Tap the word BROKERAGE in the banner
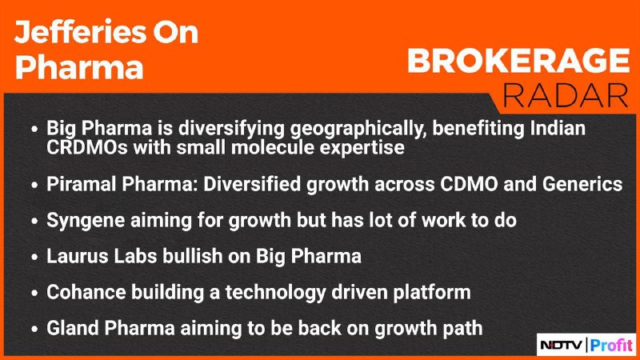click(x=518, y=61)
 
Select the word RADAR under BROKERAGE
click(x=566, y=96)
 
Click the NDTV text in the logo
click(x=562, y=346)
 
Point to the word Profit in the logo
click(x=611, y=346)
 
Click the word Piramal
click(x=82, y=184)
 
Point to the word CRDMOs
click(x=87, y=147)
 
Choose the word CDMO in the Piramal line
click(x=469, y=184)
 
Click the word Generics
click(x=582, y=184)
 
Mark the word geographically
click(x=358, y=129)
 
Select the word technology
click(x=275, y=293)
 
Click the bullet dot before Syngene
click(x=34, y=221)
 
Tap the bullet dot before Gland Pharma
click(x=34, y=329)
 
